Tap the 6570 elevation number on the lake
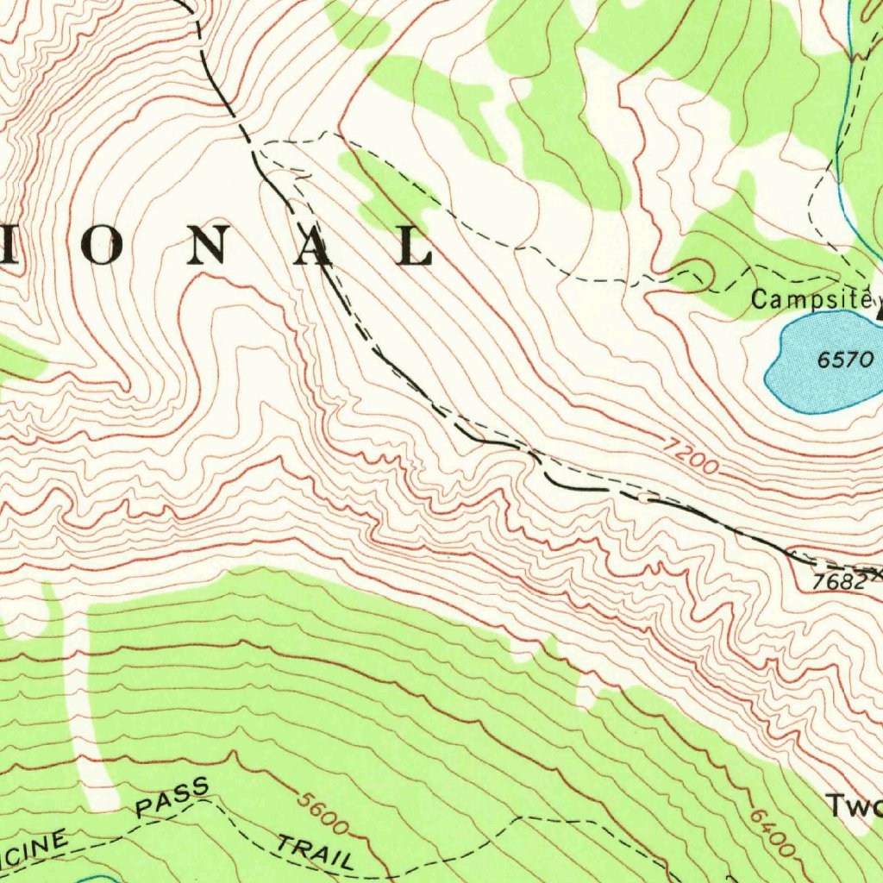pyautogui.click(x=845, y=360)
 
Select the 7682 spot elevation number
pyautogui.click(x=839, y=582)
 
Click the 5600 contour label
pyautogui.click(x=323, y=812)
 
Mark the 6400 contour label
pyautogui.click(x=772, y=831)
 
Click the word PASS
pyautogui.click(x=172, y=798)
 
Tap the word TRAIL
pyautogui.click(x=315, y=851)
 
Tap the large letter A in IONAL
pyautogui.click(x=315, y=246)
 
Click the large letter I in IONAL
pyautogui.click(x=7, y=246)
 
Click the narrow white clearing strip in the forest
pyautogui.click(x=86, y=707)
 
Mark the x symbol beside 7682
pyautogui.click(x=875, y=573)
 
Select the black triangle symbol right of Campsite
pyautogui.click(x=879, y=314)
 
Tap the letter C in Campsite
pyautogui.click(x=759, y=300)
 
